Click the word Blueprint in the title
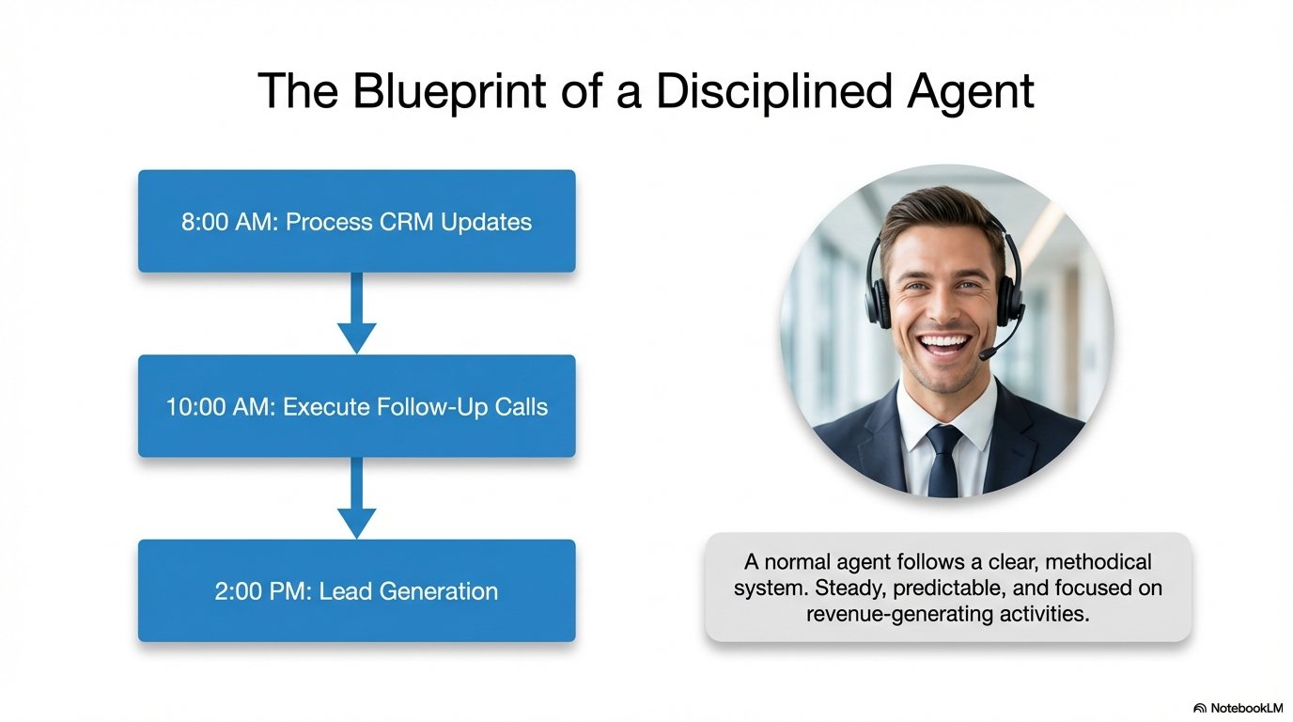click(439, 91)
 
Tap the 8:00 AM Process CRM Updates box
click(356, 222)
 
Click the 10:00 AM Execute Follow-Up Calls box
click(356, 406)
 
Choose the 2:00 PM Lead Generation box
click(356, 590)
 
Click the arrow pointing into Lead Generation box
click(356, 498)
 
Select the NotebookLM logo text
click(1245, 708)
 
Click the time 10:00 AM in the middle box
click(220, 407)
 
